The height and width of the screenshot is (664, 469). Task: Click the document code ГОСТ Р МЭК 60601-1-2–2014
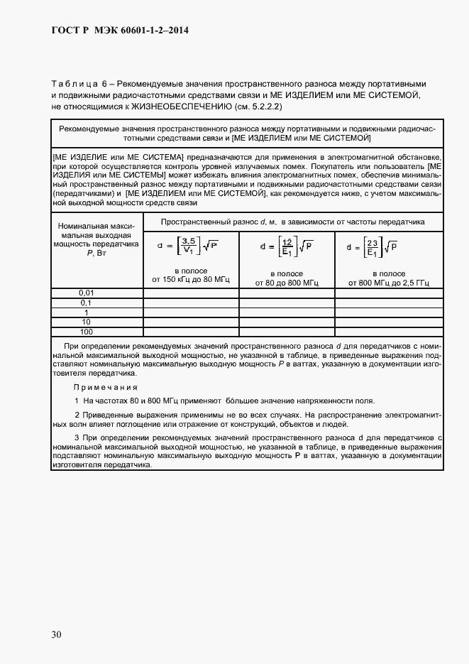(x=120, y=31)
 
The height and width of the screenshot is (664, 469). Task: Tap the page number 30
(x=57, y=634)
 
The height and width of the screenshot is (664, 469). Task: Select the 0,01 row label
(x=86, y=293)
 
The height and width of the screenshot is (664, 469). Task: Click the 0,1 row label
(x=86, y=303)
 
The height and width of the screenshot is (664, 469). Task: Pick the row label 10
(x=86, y=322)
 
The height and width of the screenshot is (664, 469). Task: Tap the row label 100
(x=86, y=332)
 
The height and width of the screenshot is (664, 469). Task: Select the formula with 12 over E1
(x=287, y=249)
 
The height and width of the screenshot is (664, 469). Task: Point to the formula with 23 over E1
(x=371, y=249)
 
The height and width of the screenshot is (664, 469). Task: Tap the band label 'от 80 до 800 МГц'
(x=287, y=283)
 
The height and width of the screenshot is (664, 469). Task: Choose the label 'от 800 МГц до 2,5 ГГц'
(x=389, y=283)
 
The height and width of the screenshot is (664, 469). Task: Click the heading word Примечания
(x=106, y=387)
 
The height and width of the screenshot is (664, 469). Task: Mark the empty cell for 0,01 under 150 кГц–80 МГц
(x=190, y=293)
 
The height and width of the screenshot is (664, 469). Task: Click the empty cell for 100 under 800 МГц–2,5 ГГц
(x=389, y=332)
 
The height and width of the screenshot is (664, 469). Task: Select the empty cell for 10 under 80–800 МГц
(x=287, y=322)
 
